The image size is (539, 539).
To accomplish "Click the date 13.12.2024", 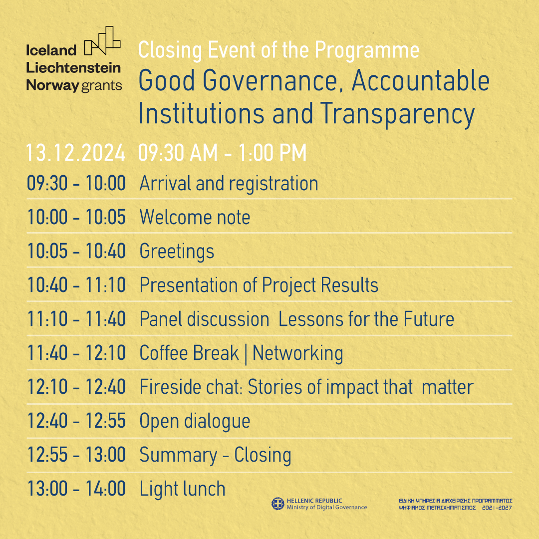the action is tap(76, 153).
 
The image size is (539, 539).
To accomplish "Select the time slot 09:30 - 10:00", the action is tap(76, 183).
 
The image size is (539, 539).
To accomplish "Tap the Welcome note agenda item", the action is tap(195, 217).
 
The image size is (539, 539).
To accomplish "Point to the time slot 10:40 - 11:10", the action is tap(76, 285).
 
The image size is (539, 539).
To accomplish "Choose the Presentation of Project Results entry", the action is tap(259, 285).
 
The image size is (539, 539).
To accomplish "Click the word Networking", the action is tap(297, 354).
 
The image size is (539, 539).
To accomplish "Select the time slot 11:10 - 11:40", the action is tap(76, 319).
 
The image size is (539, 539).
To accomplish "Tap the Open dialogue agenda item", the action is tap(195, 422).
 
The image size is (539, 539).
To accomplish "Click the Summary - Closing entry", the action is tap(215, 456).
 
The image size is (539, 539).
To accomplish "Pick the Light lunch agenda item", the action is tap(182, 489).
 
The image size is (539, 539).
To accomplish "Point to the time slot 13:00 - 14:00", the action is tap(76, 489).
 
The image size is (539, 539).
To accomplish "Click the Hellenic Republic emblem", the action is tap(278, 504).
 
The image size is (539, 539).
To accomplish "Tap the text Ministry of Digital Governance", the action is tap(327, 508).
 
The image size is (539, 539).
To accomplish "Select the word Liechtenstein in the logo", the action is tap(73, 68).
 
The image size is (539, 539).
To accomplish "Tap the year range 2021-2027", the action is tap(497, 508).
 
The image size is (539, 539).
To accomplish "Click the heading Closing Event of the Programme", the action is tap(279, 50).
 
